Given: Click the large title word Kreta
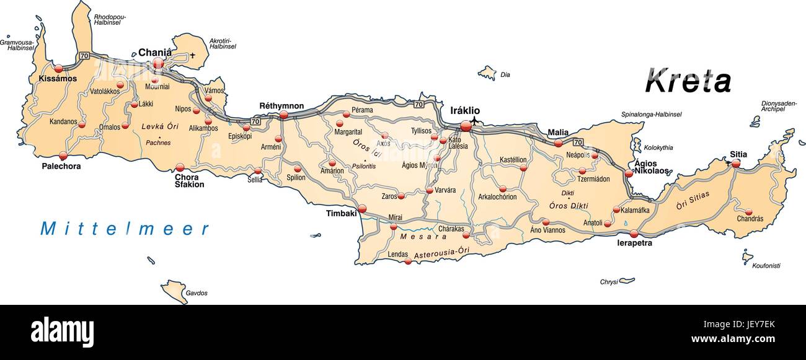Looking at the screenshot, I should click(x=688, y=81).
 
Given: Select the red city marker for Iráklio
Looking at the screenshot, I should click(x=466, y=126).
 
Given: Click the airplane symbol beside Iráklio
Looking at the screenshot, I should click(x=475, y=120).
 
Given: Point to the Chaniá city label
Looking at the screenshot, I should click(x=154, y=53).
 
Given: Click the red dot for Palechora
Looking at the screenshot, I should click(x=63, y=156).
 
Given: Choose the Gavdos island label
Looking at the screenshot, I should click(x=196, y=292).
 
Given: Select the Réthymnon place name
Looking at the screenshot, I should click(x=281, y=106).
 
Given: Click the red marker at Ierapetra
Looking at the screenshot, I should click(x=634, y=234).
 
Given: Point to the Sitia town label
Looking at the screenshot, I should click(x=738, y=154).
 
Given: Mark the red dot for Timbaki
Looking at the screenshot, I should click(x=362, y=209).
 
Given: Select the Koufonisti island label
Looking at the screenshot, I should click(x=766, y=266).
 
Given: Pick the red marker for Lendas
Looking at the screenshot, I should click(x=408, y=261).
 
